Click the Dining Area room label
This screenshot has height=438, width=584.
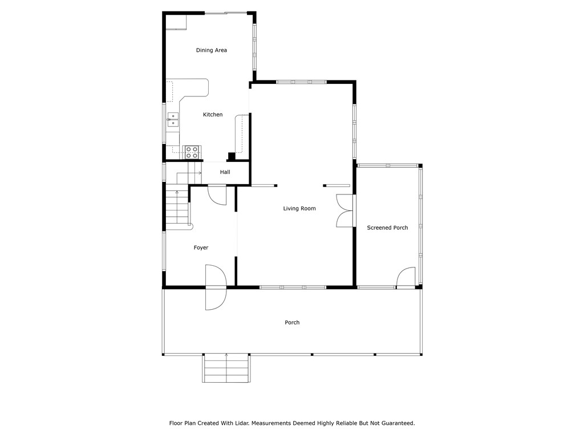pyautogui.click(x=212, y=50)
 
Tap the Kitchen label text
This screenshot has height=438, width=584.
pyautogui.click(x=213, y=115)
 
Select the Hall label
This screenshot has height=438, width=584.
pyautogui.click(x=225, y=172)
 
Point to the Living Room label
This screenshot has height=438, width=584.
pyautogui.click(x=299, y=209)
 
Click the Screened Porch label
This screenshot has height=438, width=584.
pyautogui.click(x=387, y=228)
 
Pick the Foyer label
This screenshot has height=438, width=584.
pyautogui.click(x=201, y=248)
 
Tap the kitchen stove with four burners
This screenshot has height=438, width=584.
pyautogui.click(x=192, y=152)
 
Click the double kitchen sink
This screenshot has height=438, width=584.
pyautogui.click(x=173, y=119)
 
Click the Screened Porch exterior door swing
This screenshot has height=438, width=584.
pyautogui.click(x=405, y=277)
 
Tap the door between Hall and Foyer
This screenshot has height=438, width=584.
pyautogui.click(x=217, y=194)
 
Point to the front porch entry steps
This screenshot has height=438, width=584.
pyautogui.click(x=226, y=368)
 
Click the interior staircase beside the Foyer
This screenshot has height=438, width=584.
pyautogui.click(x=177, y=205)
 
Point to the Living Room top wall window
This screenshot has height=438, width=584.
pyautogui.click(x=301, y=82)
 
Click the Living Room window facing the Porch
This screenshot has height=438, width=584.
pyautogui.click(x=293, y=287)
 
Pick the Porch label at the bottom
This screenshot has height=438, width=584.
pyautogui.click(x=292, y=323)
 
